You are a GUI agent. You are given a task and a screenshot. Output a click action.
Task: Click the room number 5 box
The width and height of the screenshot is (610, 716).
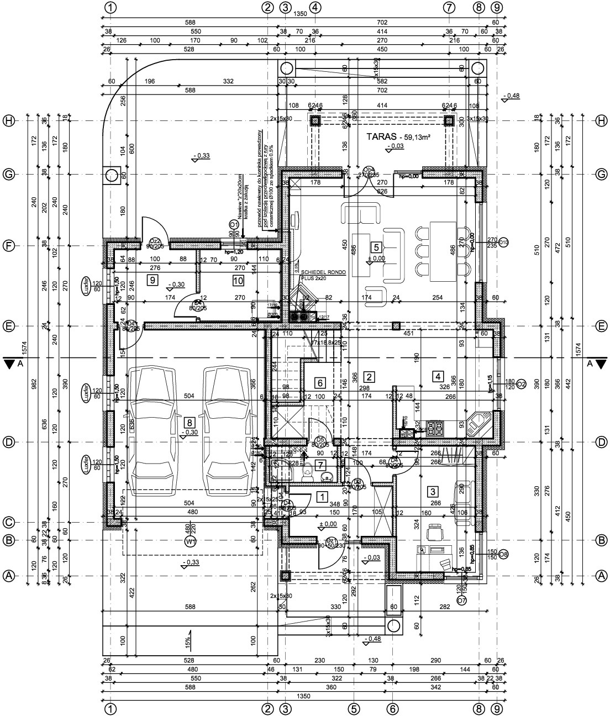click(376, 248)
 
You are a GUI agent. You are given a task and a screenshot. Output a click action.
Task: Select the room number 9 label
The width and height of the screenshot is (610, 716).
click(152, 280)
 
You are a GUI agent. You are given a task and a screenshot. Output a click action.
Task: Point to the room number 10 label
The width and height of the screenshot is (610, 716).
click(238, 281)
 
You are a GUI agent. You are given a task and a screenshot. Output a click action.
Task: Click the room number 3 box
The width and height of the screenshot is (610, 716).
click(434, 491)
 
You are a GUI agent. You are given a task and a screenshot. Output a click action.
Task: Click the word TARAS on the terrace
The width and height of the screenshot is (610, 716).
click(381, 135)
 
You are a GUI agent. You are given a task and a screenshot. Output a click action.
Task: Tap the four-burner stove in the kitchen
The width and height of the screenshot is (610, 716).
click(438, 427)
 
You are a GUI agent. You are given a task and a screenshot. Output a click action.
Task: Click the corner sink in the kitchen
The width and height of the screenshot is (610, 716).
click(477, 424)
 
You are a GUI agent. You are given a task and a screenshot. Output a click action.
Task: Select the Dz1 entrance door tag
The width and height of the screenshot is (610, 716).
click(331, 540)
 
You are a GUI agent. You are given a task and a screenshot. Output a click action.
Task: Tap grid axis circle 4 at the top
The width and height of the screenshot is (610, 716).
click(315, 8)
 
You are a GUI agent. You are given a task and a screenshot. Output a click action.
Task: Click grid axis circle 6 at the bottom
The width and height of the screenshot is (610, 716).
click(392, 708)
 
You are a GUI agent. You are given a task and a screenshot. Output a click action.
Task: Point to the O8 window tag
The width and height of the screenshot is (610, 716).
click(503, 554)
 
